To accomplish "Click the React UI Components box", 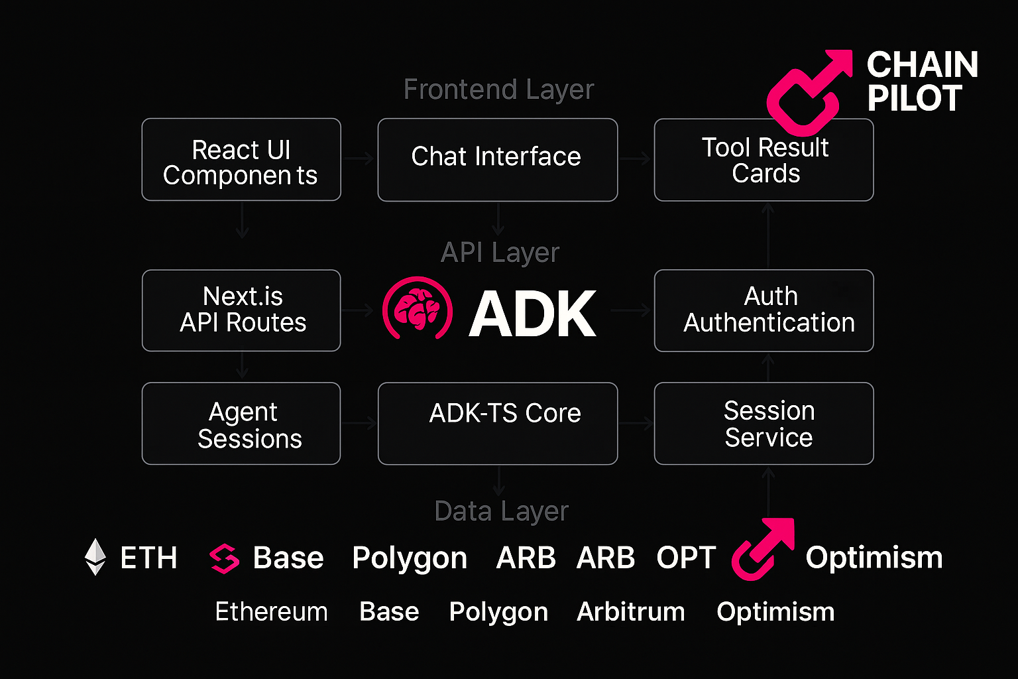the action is [241, 160].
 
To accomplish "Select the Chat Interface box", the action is [498, 160].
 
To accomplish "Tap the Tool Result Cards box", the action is [764, 160].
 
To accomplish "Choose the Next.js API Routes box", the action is [241, 310].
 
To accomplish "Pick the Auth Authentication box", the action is [764, 310].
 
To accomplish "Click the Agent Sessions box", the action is [241, 424].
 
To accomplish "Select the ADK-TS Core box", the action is [498, 424].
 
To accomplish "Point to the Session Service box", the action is [764, 424].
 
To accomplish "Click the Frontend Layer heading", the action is [498, 90].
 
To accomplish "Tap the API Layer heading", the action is [500, 253].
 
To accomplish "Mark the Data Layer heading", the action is [501, 511].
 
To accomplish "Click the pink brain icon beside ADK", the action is [417, 308].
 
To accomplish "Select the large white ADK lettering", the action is [532, 314].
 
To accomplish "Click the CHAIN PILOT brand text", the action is [922, 81].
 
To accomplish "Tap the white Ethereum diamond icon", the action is [95, 557].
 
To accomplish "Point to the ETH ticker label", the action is [148, 558].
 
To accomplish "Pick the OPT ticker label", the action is [686, 558].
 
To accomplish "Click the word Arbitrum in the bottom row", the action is [631, 611].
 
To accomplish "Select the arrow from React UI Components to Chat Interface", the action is [358, 158].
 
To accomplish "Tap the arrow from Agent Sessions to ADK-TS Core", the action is [359, 423].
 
